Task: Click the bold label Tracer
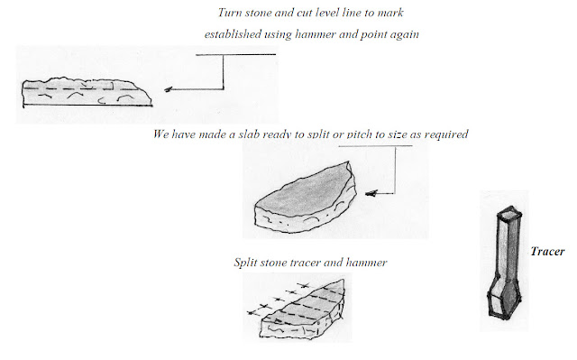(x=547, y=252)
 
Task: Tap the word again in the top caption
(x=404, y=35)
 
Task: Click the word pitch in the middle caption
(x=359, y=134)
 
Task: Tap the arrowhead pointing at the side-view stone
(x=169, y=89)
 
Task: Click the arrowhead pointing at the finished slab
(x=371, y=193)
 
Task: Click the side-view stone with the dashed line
(x=87, y=92)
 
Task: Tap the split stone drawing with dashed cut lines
(x=298, y=310)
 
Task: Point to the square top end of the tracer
(x=508, y=212)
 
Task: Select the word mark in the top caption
(x=391, y=13)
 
